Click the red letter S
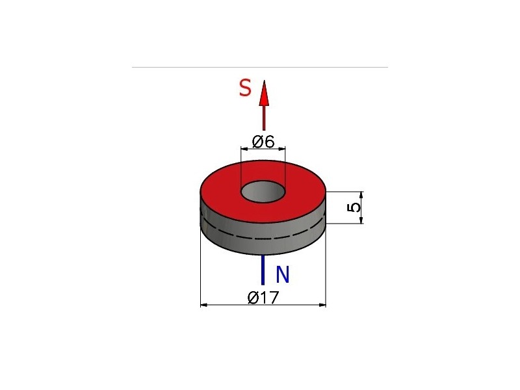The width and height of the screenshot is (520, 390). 245,88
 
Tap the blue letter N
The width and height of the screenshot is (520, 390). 283,274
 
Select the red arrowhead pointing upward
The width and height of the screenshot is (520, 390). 264,93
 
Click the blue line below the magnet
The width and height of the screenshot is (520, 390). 263,270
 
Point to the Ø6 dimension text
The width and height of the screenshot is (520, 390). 263,142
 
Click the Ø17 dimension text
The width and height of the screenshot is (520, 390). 264,297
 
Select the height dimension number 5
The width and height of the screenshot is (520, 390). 354,207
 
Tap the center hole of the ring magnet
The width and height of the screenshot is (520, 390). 263,192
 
